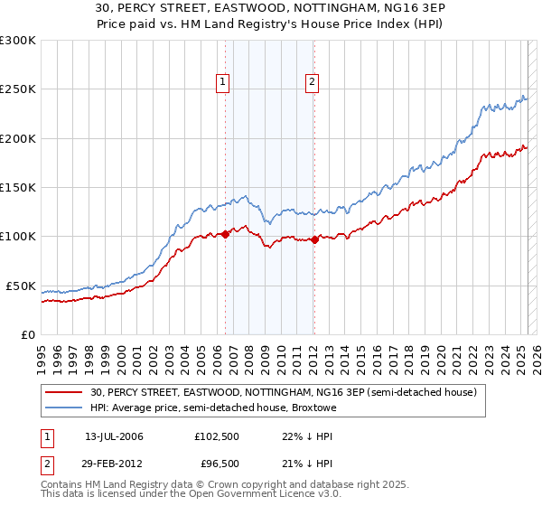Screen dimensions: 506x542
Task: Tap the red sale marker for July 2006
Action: click(225, 235)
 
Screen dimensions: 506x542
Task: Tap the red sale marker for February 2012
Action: click(314, 239)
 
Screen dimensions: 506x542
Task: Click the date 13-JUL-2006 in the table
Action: click(114, 436)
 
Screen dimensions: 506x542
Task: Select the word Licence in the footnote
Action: click(276, 496)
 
